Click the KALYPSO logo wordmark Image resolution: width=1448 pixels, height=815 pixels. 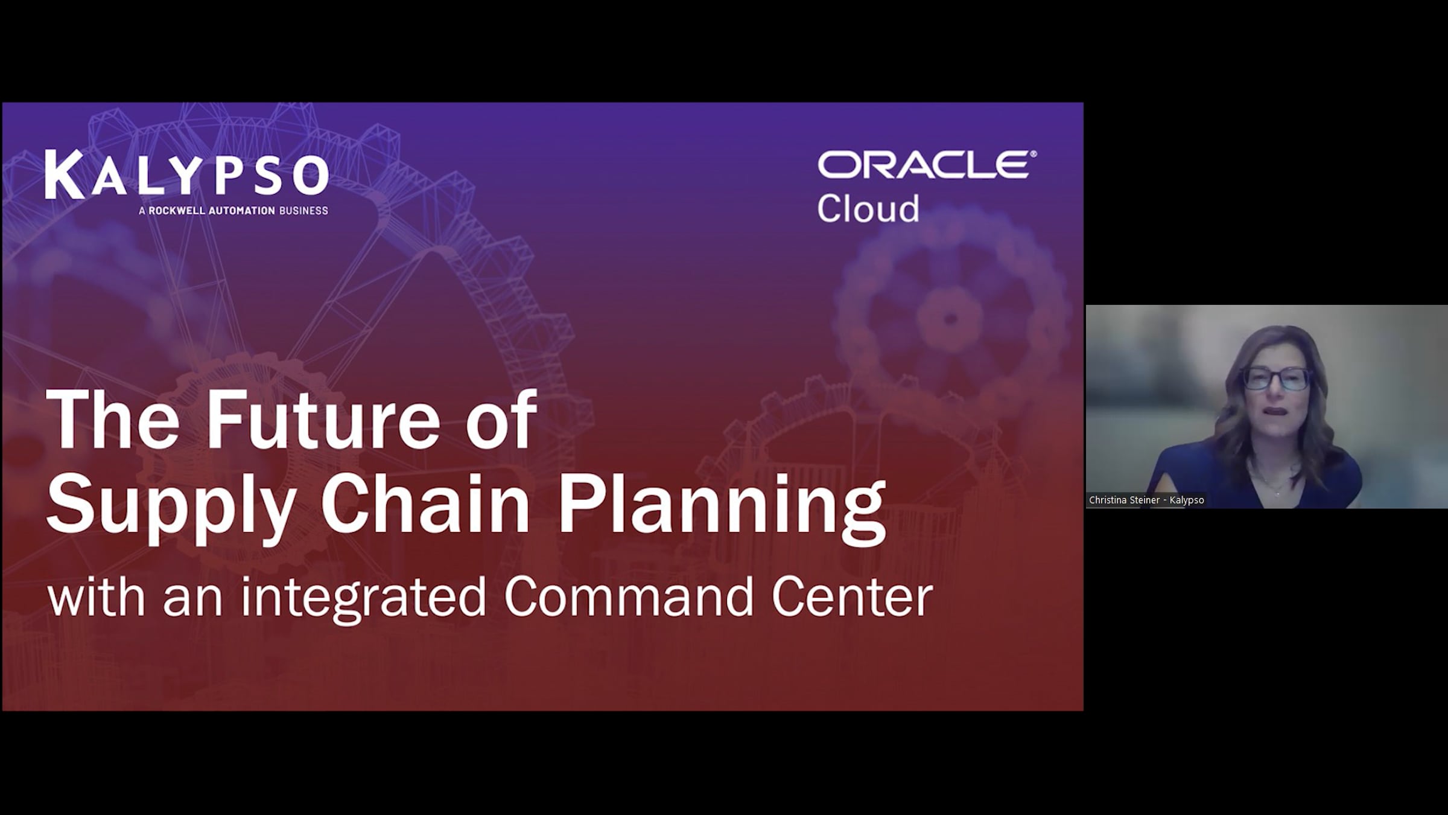point(186,175)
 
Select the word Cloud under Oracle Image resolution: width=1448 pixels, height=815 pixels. point(868,208)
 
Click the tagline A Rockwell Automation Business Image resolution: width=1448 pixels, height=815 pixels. point(233,211)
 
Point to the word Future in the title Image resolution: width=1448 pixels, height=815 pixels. point(323,419)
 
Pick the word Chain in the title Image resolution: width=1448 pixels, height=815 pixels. point(425,502)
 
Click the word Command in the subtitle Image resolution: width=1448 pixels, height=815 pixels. point(629,596)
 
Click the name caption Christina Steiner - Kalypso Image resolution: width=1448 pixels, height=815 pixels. point(1146,500)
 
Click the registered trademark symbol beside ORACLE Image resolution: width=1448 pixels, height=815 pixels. point(1034,154)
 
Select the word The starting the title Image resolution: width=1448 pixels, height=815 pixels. point(112,419)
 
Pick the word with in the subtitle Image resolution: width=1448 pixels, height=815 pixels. point(96,596)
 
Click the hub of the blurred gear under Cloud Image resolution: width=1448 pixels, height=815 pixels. point(950,318)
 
